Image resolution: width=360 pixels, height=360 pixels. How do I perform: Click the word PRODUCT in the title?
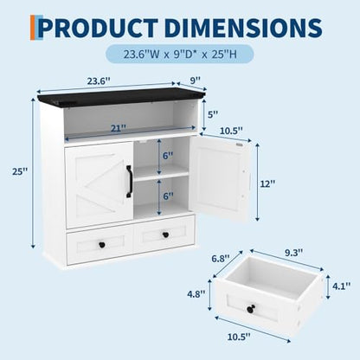click(99, 28)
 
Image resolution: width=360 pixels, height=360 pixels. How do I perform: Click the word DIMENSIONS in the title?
click(244, 28)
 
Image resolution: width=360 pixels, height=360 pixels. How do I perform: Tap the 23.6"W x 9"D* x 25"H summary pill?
click(180, 54)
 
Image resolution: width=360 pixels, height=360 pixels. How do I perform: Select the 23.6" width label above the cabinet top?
click(99, 81)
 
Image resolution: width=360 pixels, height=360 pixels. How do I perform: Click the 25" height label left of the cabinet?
click(20, 171)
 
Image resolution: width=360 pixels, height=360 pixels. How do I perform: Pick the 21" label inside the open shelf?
click(119, 128)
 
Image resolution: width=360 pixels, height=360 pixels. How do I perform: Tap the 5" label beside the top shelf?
click(213, 114)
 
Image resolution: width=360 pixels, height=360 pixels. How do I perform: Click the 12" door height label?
click(267, 183)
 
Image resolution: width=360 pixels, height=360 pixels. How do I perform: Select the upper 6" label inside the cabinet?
click(168, 156)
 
